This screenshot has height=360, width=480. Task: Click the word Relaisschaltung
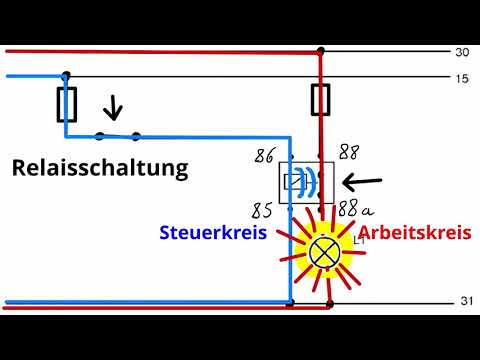(100, 167)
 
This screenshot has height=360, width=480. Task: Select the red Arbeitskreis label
(414, 233)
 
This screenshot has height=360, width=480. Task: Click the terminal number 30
(461, 52)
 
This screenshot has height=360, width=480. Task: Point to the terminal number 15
(461, 78)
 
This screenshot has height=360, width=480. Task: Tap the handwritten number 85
(263, 211)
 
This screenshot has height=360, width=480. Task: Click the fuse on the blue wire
(66, 103)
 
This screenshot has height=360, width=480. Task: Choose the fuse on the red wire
(321, 100)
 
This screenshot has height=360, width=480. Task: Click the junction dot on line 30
(321, 49)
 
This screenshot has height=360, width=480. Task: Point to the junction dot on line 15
(66, 76)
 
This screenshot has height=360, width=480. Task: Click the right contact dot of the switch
(136, 137)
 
